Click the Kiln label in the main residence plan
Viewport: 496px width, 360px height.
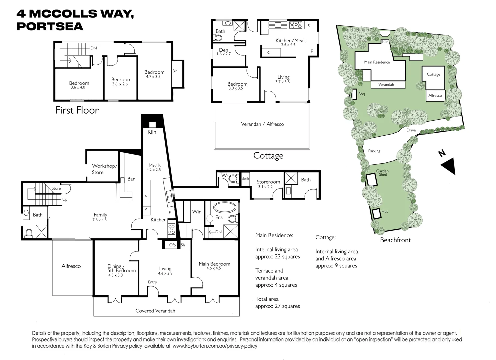click(152, 132)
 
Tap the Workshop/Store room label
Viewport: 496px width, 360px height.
click(104, 169)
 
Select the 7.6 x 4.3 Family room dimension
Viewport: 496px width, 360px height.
click(100, 220)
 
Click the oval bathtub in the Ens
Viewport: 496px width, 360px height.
click(225, 208)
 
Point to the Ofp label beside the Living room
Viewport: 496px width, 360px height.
click(172, 245)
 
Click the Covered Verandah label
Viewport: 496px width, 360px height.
click(155, 311)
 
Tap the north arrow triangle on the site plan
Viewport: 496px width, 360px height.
click(448, 166)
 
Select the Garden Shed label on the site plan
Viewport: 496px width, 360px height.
click(382, 173)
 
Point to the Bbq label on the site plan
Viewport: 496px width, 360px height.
click(362, 94)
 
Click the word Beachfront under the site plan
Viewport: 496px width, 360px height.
click(395, 240)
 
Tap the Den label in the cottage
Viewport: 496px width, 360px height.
click(224, 50)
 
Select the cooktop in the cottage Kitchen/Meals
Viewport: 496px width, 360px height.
click(296, 25)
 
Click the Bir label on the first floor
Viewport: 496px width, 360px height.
click(175, 71)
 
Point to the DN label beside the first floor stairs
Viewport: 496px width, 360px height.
click(94, 48)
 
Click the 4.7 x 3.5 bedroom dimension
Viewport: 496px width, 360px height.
click(153, 77)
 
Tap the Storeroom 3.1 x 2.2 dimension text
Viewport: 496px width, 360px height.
click(265, 187)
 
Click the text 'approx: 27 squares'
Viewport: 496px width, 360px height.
click(277, 306)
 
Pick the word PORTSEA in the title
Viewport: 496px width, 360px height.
click(50, 27)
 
